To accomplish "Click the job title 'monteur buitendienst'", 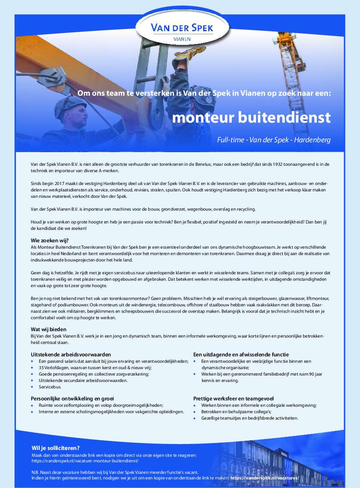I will click(251, 118).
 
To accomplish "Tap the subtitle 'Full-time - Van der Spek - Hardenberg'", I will click(274, 140).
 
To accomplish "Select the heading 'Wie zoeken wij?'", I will click(50, 240).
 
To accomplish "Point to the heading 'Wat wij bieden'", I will click(48, 329).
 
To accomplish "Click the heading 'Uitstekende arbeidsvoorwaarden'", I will click(71, 354).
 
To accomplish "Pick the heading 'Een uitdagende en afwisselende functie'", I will click(241, 354).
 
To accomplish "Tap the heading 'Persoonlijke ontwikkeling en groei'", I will click(72, 398).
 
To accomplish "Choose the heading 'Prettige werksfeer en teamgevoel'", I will click(233, 398).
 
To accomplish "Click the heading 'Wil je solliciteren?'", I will click(56, 448).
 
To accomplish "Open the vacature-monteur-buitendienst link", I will click(85, 461).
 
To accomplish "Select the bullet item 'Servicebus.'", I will click(50, 387).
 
